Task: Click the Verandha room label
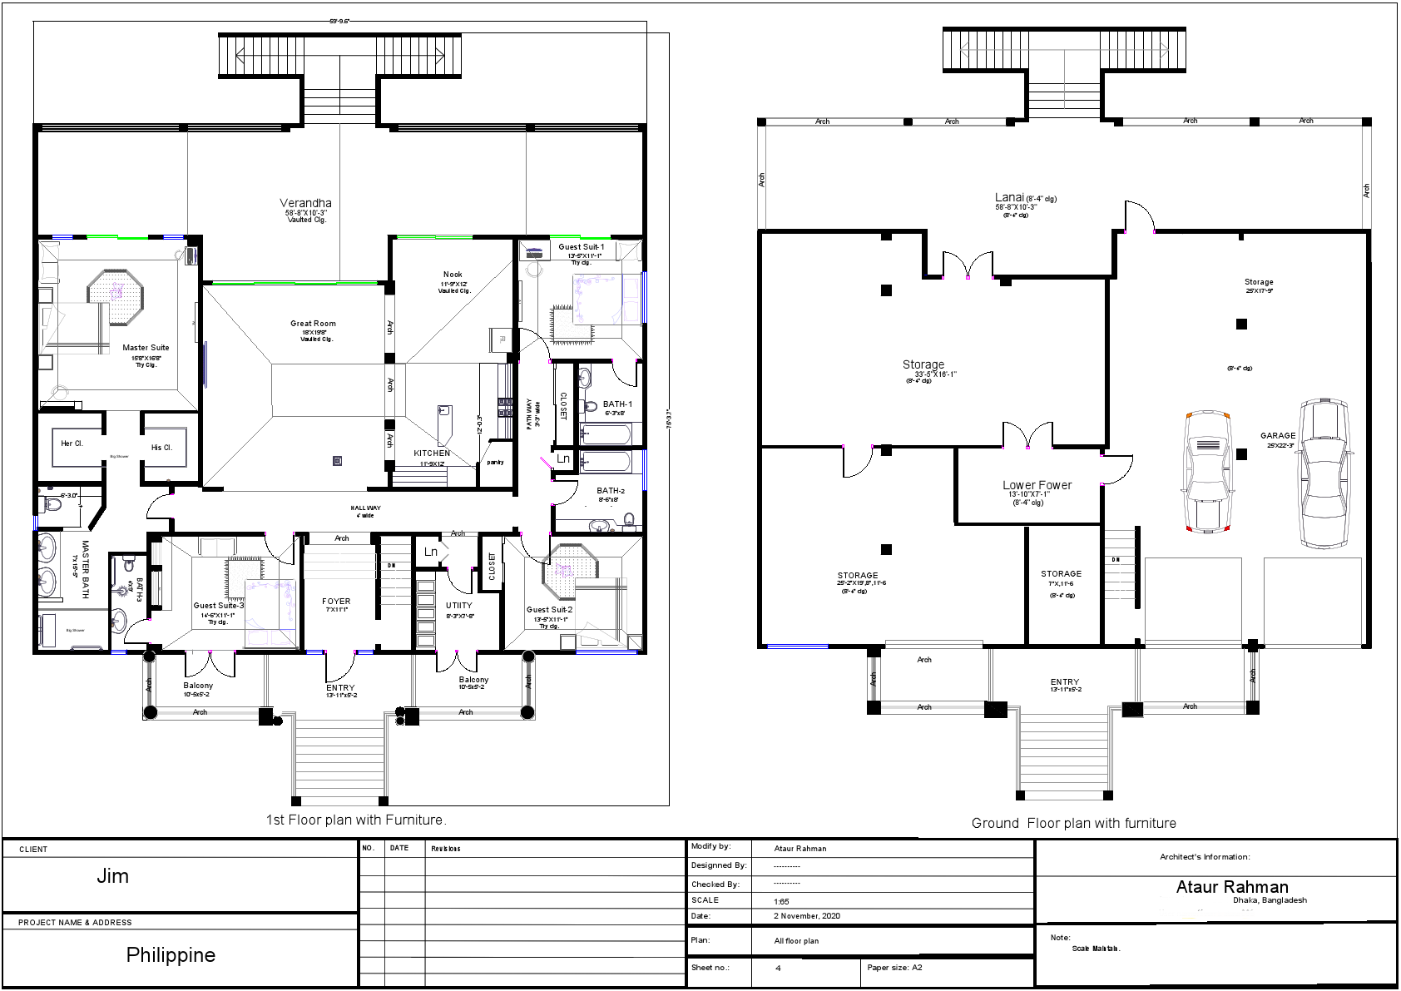pos(305,203)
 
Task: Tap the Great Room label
pos(313,324)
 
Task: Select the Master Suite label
pos(146,348)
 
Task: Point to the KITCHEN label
pos(432,453)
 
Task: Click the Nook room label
pos(453,275)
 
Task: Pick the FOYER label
pos(336,601)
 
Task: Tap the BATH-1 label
pos(617,404)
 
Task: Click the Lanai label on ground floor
pos(1009,198)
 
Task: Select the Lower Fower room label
pos(1037,485)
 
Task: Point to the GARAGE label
pos(1277,435)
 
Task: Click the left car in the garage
pos(1207,470)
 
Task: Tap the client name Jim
pos(112,875)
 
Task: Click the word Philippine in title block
pos(171,955)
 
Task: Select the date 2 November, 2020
pos(807,916)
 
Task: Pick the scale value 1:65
pos(781,901)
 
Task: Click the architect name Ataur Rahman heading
pos(1231,887)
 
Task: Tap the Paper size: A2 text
pos(894,968)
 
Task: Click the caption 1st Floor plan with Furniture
pos(356,820)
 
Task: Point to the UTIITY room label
pos(458,606)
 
